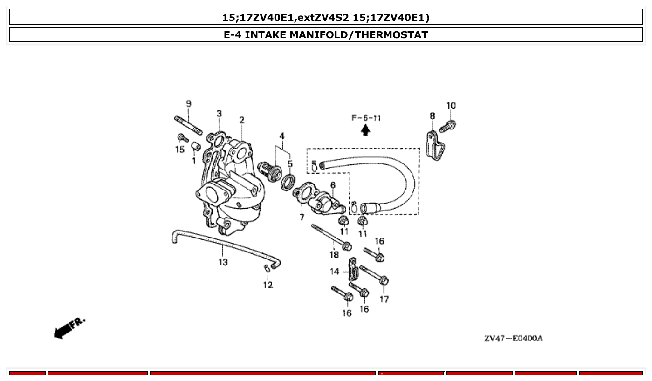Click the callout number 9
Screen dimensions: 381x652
click(188, 103)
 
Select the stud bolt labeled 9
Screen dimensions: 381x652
click(188, 125)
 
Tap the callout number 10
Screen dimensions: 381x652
click(451, 106)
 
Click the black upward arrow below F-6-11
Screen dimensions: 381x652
click(366, 130)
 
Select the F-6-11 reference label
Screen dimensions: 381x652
click(366, 118)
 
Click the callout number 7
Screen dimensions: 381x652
click(302, 217)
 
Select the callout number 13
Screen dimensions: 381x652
click(223, 262)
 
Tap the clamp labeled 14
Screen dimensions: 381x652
click(353, 270)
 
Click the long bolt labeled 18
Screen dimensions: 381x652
click(330, 236)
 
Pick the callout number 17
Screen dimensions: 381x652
click(384, 299)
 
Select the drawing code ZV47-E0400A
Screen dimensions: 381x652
click(513, 338)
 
